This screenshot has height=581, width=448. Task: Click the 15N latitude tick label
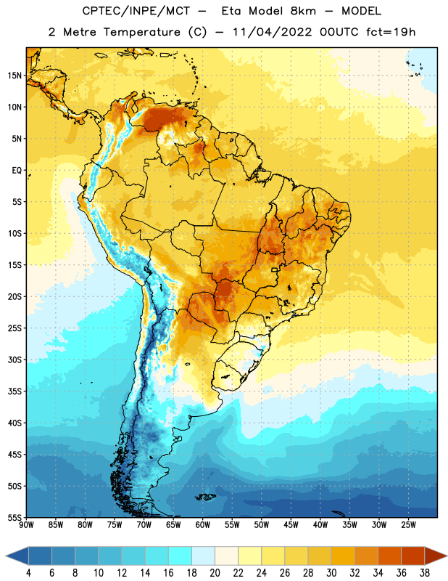(x=14, y=76)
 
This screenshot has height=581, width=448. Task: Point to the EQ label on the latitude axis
(x=17, y=171)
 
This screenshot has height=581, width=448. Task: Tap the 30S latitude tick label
(x=14, y=359)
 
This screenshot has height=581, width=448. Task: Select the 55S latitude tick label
(x=14, y=518)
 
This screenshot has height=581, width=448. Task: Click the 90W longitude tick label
(x=26, y=525)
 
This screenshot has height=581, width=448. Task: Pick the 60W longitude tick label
(x=203, y=525)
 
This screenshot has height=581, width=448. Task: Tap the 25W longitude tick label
(x=408, y=525)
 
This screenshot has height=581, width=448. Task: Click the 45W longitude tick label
(x=291, y=525)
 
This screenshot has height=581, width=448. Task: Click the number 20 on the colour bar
(x=215, y=573)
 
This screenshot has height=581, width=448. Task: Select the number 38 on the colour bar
(x=425, y=573)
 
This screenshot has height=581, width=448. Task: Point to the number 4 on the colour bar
(x=28, y=573)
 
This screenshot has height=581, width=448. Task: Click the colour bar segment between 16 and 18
(x=181, y=556)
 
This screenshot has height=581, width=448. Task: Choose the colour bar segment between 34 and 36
(x=390, y=556)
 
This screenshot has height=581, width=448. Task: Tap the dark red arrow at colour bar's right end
(x=435, y=556)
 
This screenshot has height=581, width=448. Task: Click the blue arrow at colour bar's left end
(x=17, y=556)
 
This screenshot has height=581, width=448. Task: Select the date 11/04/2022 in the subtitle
(x=272, y=32)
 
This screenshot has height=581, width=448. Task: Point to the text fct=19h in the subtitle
(x=391, y=32)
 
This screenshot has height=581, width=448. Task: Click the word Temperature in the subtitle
(x=141, y=32)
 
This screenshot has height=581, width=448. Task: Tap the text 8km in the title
(x=303, y=11)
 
